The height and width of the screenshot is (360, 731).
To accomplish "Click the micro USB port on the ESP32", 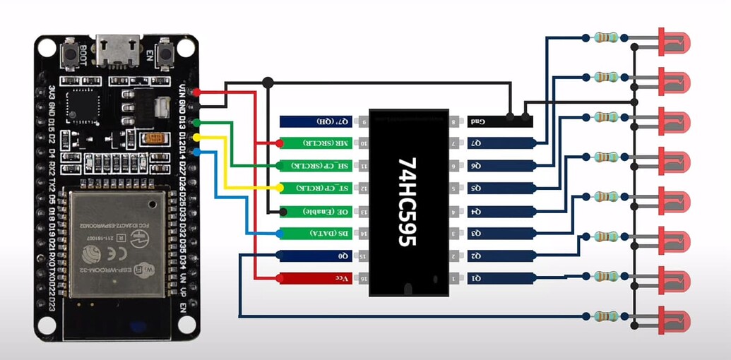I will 117,48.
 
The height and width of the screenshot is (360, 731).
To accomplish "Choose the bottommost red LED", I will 672,318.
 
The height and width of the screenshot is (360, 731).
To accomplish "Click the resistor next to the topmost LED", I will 606,37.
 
